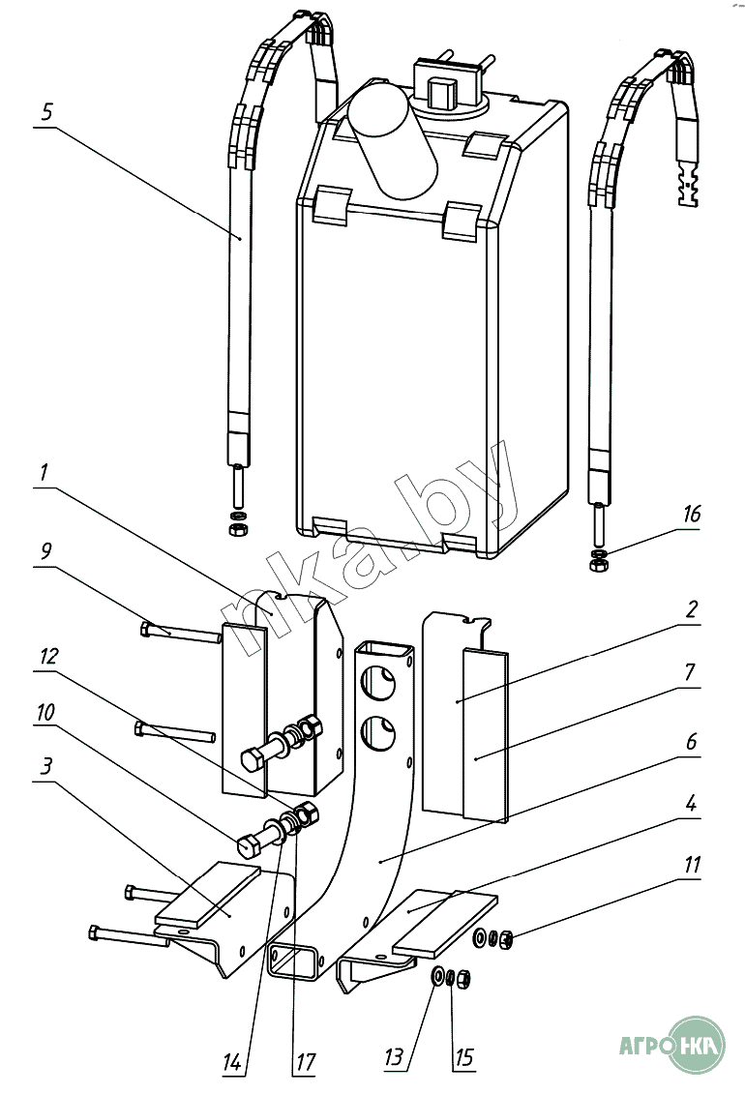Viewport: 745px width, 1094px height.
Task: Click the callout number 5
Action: coord(47,111)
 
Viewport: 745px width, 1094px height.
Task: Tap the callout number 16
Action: coord(691,514)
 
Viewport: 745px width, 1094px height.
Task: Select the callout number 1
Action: coord(45,475)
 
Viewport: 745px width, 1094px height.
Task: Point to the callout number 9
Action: coord(46,550)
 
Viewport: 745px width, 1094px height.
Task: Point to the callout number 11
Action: coord(691,864)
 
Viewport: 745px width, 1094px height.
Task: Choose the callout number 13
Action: coord(393,1057)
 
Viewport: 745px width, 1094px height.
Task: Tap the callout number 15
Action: coord(463,1057)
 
